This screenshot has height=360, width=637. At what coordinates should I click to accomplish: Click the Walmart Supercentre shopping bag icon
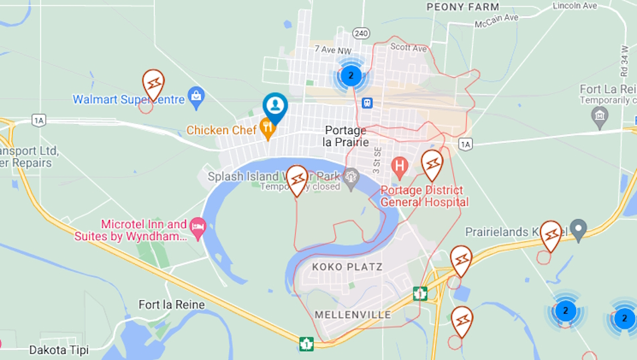[x=196, y=97]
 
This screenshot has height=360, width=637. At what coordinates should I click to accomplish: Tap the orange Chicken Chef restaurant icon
[x=268, y=129]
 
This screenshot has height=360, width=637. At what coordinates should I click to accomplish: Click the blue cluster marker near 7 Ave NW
[x=351, y=75]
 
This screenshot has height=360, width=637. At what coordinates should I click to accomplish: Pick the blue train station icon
[x=367, y=103]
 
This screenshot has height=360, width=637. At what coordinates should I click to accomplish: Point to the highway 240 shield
[x=361, y=33]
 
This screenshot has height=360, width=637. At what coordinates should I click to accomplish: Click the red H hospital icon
[x=400, y=165]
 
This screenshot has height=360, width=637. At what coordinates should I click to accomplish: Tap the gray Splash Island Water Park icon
[x=350, y=177]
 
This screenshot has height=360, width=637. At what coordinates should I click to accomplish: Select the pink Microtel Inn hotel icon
[x=198, y=227]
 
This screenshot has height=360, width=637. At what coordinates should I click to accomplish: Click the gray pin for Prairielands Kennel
[x=578, y=229]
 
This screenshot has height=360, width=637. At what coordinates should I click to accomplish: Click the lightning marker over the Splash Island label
[x=297, y=179]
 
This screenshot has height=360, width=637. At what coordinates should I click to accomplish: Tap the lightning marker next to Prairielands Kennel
[x=551, y=235]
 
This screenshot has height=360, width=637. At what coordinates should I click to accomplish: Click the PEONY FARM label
[x=463, y=7]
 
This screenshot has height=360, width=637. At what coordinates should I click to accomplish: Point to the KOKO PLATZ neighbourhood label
[x=347, y=267]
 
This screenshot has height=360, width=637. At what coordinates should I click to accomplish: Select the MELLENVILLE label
[x=353, y=314]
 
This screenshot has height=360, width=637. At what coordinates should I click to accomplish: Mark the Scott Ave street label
[x=408, y=48]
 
